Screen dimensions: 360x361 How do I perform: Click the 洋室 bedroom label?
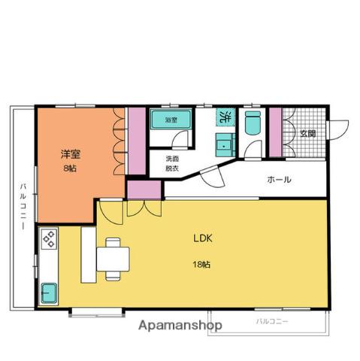[71, 154]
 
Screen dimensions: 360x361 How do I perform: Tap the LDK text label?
[203, 238]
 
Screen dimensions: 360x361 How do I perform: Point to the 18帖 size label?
[201, 265]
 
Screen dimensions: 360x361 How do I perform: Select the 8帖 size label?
[70, 168]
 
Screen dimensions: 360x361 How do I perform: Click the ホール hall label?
[280, 180]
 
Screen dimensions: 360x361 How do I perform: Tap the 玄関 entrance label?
[308, 134]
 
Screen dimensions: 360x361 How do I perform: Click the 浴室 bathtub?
[171, 120]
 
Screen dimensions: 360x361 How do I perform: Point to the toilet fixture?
[253, 123]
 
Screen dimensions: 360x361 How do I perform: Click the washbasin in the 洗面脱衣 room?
[225, 144]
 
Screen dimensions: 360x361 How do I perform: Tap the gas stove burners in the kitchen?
[49, 239]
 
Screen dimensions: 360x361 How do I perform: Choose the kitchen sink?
[49, 293]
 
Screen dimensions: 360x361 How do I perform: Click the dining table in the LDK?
[113, 259]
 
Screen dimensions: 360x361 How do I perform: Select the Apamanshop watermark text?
[180, 326]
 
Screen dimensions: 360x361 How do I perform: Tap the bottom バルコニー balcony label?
[272, 321]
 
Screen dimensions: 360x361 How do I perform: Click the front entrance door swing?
[338, 130]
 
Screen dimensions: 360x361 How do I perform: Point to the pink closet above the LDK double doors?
[144, 190]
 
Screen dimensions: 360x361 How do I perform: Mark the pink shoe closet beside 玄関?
[276, 132]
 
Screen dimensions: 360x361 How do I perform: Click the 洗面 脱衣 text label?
[172, 163]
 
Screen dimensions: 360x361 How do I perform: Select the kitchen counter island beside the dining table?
[89, 255]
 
